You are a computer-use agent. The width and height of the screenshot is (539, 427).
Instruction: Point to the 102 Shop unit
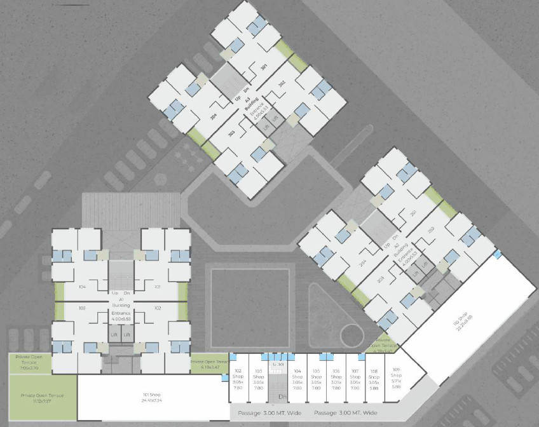pyautogui.click(x=238, y=378)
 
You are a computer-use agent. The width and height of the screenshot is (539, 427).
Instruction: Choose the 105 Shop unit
pyautogui.click(x=316, y=378)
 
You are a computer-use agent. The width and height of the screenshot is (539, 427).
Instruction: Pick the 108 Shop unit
pyautogui.click(x=374, y=378)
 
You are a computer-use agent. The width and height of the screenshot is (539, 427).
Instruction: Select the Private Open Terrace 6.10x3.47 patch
pyautogui.click(x=208, y=364)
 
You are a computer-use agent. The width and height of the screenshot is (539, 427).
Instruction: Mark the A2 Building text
pyautogui.click(x=398, y=248)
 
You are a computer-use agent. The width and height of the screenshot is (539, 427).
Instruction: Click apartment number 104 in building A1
pyautogui.click(x=82, y=287)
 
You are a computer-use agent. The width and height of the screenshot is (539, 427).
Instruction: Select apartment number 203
pyautogui.click(x=380, y=279)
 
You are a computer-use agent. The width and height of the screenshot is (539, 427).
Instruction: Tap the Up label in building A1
pyautogui.click(x=115, y=293)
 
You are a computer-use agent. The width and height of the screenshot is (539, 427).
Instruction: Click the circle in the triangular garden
pyautogui.click(x=350, y=334)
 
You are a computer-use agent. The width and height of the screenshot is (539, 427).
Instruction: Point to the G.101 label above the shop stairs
pyautogui.click(x=276, y=364)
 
